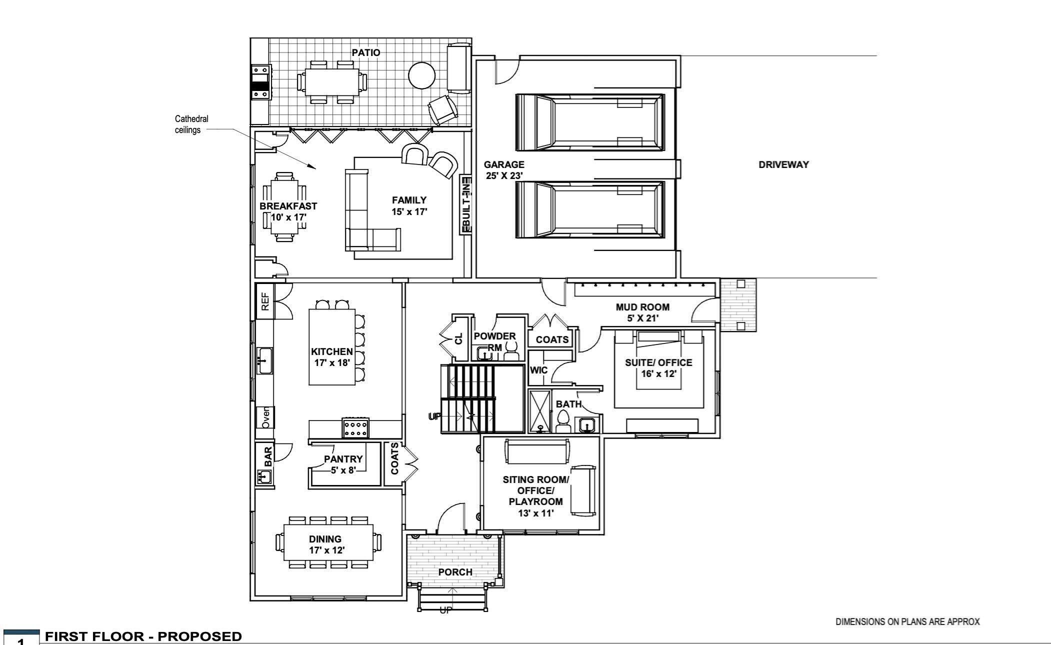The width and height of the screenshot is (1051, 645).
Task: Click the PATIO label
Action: point(365,52)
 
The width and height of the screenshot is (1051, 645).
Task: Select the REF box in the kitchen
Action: point(265,301)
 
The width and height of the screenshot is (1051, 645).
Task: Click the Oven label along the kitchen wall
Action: point(265,417)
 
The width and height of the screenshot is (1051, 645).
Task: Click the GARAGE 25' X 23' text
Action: point(504,170)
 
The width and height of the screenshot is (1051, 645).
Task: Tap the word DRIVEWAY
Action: point(783,164)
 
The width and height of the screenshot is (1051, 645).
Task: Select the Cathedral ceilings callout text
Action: point(191,124)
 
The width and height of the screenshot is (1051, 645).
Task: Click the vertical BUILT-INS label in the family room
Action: point(465,204)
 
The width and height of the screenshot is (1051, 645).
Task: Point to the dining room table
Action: point(328,542)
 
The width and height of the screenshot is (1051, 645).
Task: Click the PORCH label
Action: point(455,572)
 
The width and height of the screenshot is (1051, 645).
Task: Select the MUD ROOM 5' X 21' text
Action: point(642,312)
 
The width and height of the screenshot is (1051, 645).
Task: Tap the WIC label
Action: point(538,370)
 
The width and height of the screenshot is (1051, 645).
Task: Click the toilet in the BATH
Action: point(563,421)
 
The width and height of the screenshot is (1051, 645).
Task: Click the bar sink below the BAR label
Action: point(264,477)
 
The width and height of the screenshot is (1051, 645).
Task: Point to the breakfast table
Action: point(284,207)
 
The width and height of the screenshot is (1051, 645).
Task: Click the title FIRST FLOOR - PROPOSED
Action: point(143,636)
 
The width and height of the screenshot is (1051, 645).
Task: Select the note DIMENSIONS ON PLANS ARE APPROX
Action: point(907,621)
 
